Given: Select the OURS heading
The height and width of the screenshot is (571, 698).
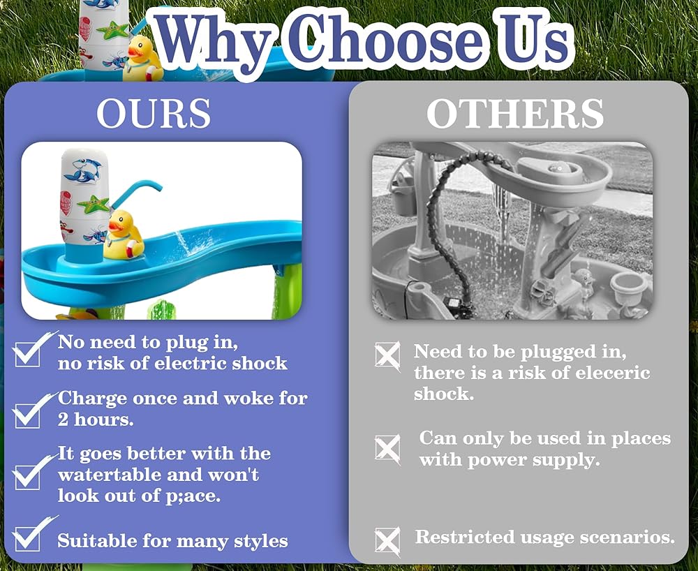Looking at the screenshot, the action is tap(154, 113).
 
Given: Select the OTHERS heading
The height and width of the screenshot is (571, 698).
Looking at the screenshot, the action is tap(515, 113).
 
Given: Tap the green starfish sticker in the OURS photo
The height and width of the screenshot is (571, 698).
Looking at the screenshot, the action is tap(93, 205).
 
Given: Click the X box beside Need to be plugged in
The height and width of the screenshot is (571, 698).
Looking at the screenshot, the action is tap(387, 356).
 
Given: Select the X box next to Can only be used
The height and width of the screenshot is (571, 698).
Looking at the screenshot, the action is tap(387, 449).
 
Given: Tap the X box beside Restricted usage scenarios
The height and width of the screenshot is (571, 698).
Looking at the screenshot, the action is tap(387, 541).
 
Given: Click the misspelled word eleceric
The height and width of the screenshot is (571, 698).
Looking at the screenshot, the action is tap(613, 373).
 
